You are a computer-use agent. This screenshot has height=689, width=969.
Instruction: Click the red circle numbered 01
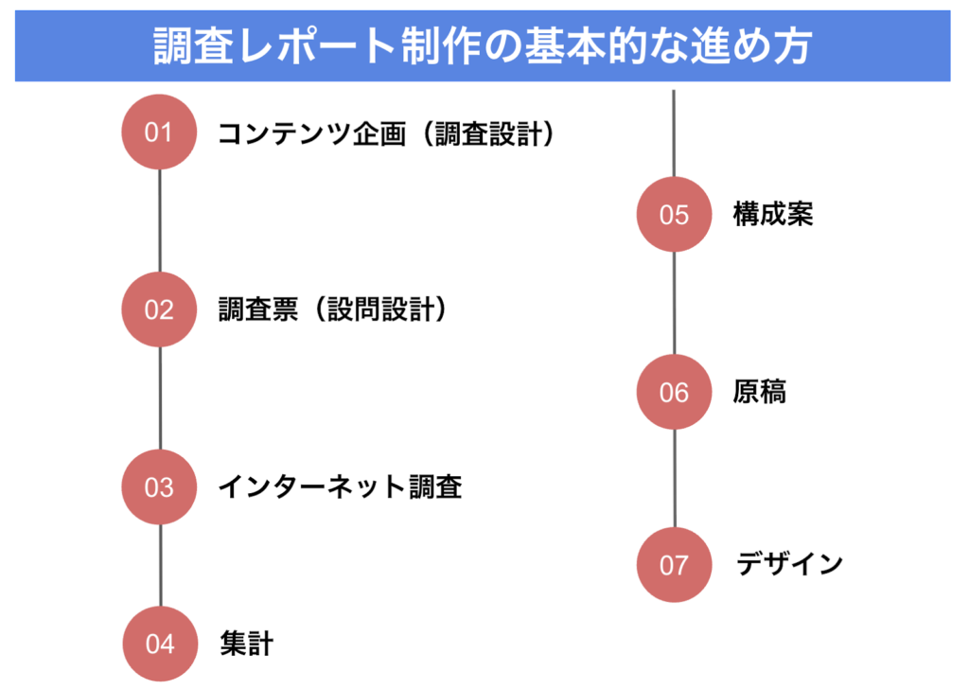click(x=159, y=132)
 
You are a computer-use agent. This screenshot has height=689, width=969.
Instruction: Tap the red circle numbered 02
click(x=159, y=309)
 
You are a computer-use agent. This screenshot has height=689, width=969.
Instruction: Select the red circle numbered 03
click(x=159, y=487)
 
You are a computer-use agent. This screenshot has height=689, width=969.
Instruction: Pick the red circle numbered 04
click(x=160, y=645)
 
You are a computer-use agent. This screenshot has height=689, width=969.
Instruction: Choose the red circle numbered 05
click(x=674, y=215)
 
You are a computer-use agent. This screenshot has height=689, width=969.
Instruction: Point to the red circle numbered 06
click(x=674, y=392)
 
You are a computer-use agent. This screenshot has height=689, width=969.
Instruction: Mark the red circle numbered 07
click(x=674, y=565)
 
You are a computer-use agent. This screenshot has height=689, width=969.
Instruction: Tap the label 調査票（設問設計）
click(x=332, y=309)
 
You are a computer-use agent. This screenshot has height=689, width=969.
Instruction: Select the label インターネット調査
click(x=340, y=487)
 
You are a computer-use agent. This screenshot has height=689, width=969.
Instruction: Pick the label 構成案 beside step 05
click(x=773, y=215)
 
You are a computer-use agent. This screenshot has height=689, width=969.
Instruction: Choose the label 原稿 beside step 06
click(x=760, y=392)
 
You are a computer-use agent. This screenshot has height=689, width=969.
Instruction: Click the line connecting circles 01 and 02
click(x=159, y=221)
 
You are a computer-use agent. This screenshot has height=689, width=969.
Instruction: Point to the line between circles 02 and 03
click(x=159, y=398)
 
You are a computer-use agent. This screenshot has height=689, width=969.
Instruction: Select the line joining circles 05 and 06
click(x=674, y=303)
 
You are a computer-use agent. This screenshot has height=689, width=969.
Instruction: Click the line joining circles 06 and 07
click(x=674, y=478)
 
